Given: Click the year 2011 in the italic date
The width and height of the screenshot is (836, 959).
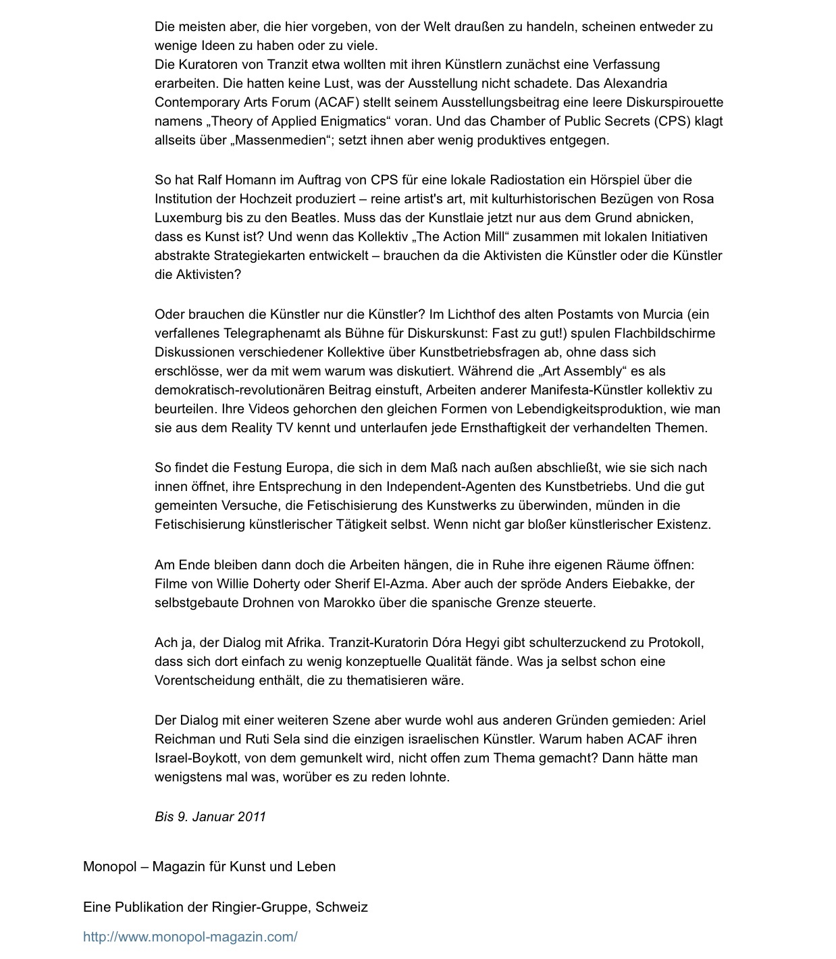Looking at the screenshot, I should coord(251,817).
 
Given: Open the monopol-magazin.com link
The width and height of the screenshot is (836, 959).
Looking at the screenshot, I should coord(190,937).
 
